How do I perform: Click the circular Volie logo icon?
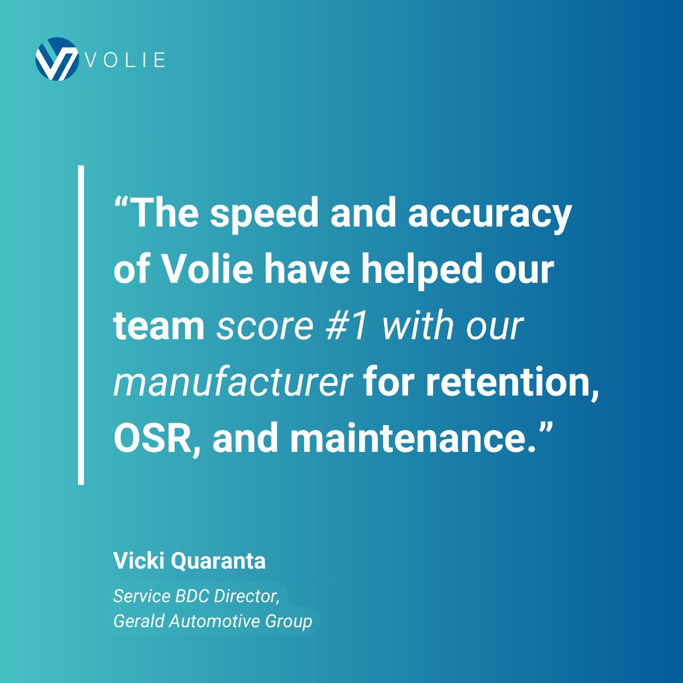click(56, 59)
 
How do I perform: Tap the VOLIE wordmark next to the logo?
click(126, 60)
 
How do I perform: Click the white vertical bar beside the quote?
click(81, 325)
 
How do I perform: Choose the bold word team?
click(159, 326)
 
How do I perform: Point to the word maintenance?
click(405, 438)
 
